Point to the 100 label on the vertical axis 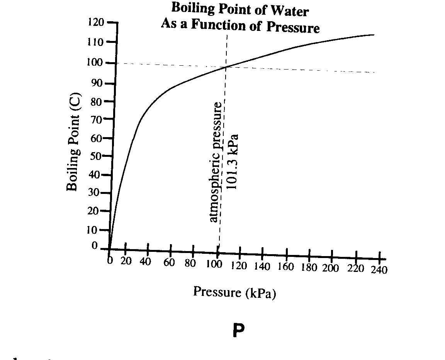(95, 62)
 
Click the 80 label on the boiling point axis (96, 102)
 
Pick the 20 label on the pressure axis (126, 261)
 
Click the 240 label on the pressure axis (379, 270)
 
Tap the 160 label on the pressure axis (286, 267)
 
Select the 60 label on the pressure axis (169, 262)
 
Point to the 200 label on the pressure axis (330, 268)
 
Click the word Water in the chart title (289, 11)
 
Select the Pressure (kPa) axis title (234, 292)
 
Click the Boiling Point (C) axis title (74, 142)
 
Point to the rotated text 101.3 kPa (233, 161)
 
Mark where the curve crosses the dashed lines (226, 67)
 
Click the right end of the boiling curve (374, 35)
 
